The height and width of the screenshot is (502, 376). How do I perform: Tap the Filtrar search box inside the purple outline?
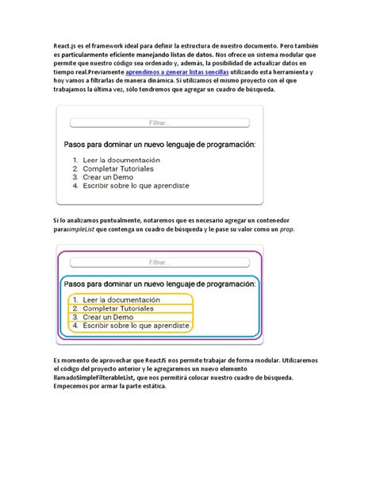(159, 261)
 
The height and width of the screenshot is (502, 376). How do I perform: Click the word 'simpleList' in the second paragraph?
(86, 229)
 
